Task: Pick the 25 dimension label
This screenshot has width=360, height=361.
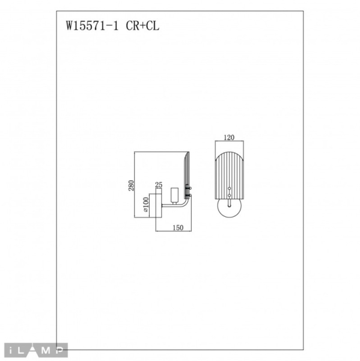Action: [159, 185]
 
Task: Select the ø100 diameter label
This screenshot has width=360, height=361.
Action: [145, 205]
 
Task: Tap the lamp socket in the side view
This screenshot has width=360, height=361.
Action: [175, 195]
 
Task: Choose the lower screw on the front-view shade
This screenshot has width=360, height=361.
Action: [228, 196]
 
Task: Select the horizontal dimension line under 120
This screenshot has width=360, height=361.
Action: [228, 142]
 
